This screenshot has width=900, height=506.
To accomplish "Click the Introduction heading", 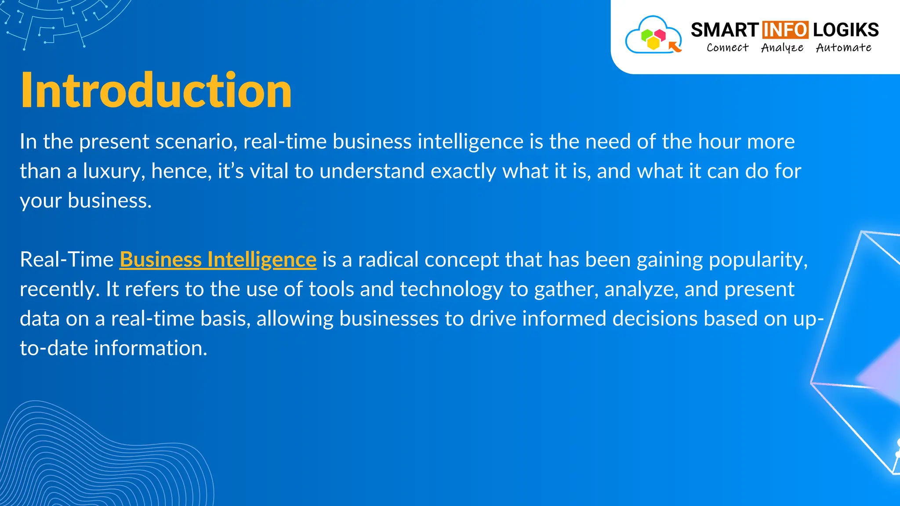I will click(x=156, y=90).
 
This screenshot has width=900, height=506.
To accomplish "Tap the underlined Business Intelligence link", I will click(x=218, y=260).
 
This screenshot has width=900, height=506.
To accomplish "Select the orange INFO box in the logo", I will click(x=785, y=30).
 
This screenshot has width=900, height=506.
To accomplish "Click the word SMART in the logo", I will click(x=724, y=30).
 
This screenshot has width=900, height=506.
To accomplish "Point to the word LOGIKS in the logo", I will click(x=846, y=30).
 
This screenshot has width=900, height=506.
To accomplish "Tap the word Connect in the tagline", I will click(x=727, y=47).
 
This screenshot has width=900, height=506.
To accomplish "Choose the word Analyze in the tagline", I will click(x=782, y=48).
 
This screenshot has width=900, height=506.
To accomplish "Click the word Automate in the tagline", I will click(x=843, y=47).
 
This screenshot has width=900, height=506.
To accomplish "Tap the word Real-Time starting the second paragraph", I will click(x=67, y=260).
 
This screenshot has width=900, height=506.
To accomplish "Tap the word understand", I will click(x=372, y=171).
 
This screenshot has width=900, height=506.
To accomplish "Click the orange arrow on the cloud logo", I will click(x=675, y=46).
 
